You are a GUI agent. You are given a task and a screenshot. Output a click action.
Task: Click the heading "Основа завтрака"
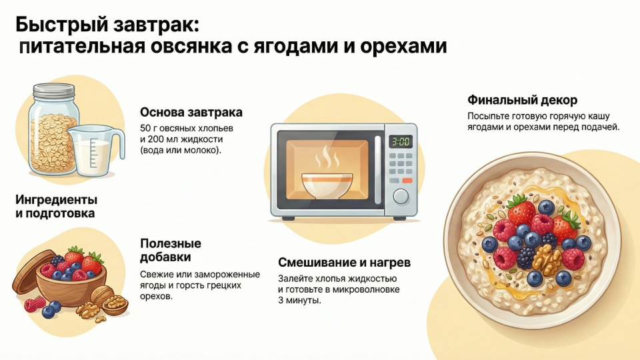191,112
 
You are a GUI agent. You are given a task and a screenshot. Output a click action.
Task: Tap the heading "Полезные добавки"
170,250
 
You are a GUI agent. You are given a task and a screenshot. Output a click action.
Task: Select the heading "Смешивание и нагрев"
344,262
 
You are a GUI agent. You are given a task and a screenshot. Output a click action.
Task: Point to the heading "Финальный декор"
522,100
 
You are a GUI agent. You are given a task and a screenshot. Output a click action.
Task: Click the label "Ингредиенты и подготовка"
56,207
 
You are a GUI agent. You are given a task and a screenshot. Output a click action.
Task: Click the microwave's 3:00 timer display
400,141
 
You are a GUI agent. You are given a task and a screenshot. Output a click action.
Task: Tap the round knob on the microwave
400,195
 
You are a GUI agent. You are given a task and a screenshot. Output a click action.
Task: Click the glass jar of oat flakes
52,133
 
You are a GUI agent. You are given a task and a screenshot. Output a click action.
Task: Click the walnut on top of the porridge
547,259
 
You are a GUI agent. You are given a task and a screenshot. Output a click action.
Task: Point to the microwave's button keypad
400,166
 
